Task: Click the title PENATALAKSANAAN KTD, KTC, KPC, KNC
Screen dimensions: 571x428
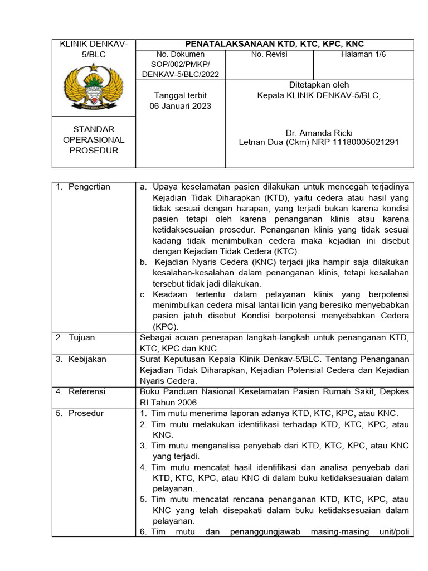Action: tap(274, 44)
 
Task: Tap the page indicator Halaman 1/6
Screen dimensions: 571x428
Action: tap(363, 54)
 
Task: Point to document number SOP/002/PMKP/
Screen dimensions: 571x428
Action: tap(173, 64)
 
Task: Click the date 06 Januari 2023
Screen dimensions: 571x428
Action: tap(181, 106)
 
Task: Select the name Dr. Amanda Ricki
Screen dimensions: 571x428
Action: tap(319, 133)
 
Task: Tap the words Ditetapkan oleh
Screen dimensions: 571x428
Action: tap(319, 85)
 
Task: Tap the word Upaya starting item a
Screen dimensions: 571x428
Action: tap(165, 187)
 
